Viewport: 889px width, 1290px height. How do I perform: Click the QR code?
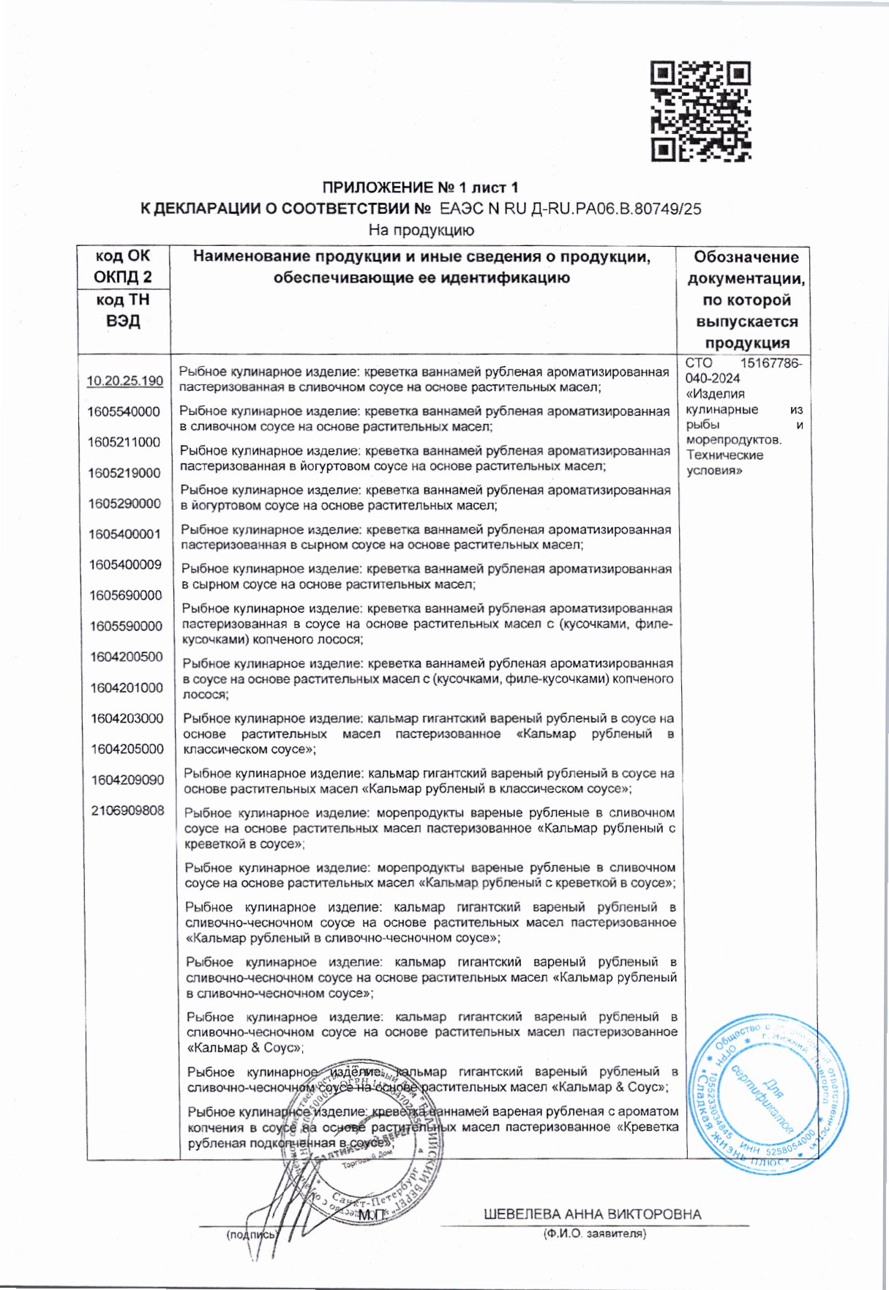pos(701,111)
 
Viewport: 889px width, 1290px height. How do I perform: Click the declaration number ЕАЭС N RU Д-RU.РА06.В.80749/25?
pos(570,209)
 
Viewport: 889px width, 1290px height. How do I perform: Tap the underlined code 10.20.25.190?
pos(125,381)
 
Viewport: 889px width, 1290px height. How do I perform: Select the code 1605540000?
pos(124,411)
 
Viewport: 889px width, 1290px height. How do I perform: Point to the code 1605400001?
pos(125,534)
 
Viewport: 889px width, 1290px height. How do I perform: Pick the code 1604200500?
pos(127,657)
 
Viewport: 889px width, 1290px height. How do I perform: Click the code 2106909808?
pos(128,810)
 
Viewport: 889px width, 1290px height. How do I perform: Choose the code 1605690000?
pos(126,596)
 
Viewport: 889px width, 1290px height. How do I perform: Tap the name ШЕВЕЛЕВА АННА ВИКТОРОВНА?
pos(592,1214)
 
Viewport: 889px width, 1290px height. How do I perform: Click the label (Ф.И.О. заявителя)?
pos(594,1234)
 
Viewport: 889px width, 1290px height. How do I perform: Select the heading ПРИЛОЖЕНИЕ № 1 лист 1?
pos(421,187)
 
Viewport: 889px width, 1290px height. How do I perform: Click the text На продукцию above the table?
pos(421,230)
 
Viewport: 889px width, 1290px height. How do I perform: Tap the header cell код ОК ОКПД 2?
pos(123,266)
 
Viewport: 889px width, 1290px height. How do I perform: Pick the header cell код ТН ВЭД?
pos(123,310)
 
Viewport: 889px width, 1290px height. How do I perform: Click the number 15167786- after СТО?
pos(771,363)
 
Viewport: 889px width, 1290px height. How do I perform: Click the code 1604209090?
pos(128,780)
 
